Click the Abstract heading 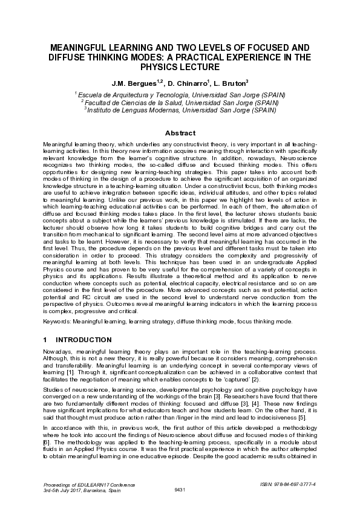coord(180,133)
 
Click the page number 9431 coord(180,489)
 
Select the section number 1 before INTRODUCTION coord(45,340)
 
